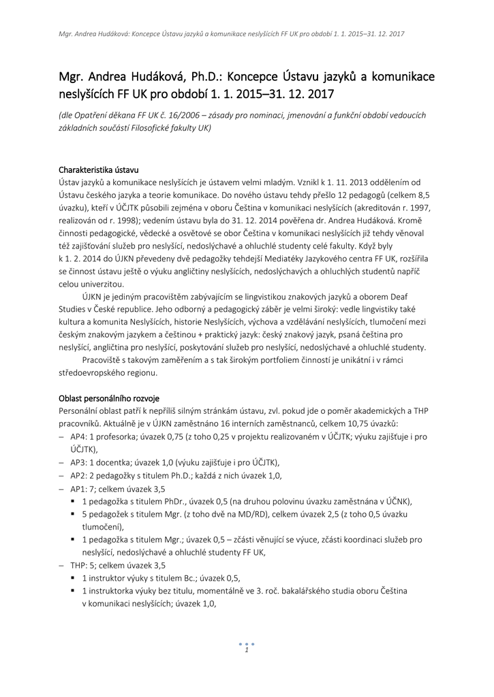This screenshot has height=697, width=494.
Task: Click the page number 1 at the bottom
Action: [x=246, y=650]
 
